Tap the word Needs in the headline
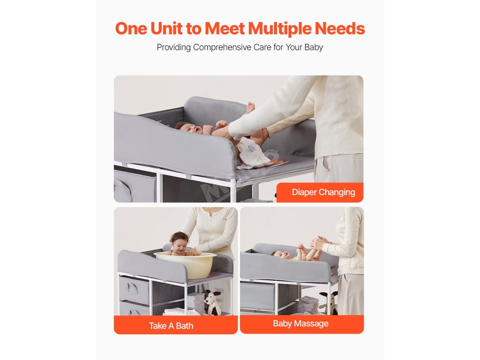point(340,29)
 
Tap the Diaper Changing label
point(323,192)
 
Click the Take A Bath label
point(171,326)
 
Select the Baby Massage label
point(300,323)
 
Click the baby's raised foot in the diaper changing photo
point(251,107)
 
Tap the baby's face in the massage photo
point(281,255)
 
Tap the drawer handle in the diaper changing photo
point(122,190)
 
